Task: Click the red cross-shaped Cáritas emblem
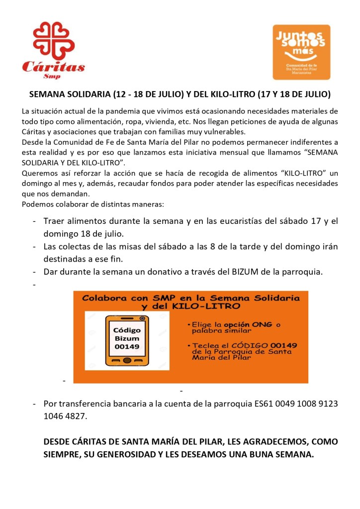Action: click(54, 40)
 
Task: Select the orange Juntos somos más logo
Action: click(301, 52)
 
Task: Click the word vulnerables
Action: click(222, 132)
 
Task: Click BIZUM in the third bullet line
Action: click(246, 272)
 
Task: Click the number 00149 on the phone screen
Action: click(127, 347)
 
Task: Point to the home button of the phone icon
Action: click(127, 360)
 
